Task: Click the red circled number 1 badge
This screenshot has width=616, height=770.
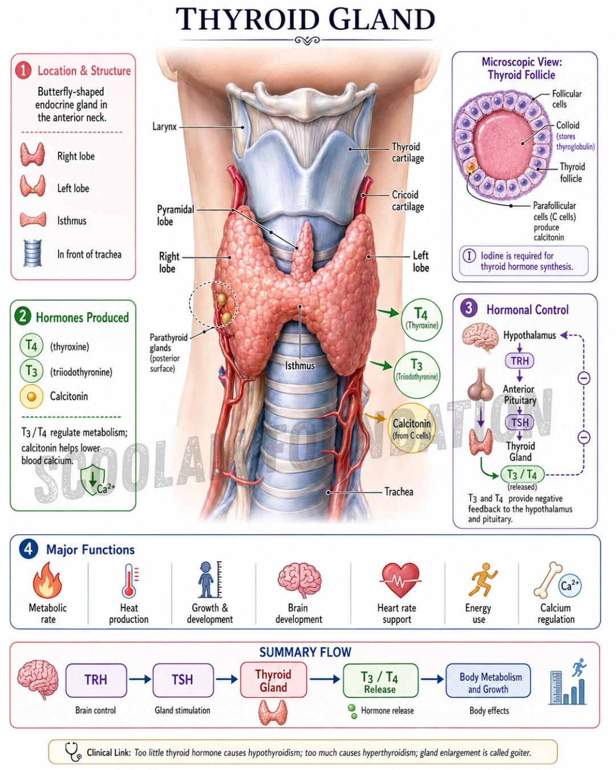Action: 23,71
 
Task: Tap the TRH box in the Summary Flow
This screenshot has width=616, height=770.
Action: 96,680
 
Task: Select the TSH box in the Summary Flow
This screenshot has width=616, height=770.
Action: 183,680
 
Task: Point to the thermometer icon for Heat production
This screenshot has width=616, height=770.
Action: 129,581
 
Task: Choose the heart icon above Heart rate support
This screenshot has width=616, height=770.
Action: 400,579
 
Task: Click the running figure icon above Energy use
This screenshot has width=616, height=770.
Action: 482,579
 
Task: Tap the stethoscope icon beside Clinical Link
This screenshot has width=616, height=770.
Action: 73,751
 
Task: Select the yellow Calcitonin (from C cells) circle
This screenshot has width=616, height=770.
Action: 412,428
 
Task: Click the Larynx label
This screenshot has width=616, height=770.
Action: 164,127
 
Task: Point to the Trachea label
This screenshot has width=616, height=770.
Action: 399,492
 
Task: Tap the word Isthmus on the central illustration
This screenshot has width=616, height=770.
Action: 300,366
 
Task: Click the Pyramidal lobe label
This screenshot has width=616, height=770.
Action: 175,216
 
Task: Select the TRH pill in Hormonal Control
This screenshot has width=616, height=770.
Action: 520,360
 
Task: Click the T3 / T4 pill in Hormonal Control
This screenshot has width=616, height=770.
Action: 522,475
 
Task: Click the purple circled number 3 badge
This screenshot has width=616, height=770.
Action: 469,308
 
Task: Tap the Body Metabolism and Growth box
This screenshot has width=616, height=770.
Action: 488,680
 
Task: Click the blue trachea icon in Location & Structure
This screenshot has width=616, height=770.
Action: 33,253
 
